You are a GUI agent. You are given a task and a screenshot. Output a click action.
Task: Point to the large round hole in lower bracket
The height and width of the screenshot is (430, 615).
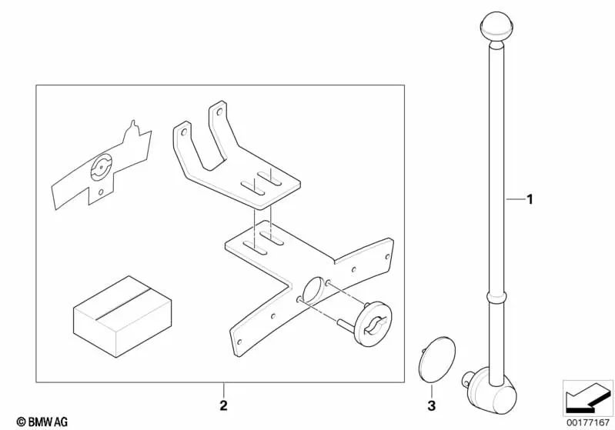312,293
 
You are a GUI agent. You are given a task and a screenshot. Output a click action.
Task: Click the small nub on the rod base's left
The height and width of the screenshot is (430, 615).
466,377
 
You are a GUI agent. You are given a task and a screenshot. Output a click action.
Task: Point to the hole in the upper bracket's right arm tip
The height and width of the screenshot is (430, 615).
221,111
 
